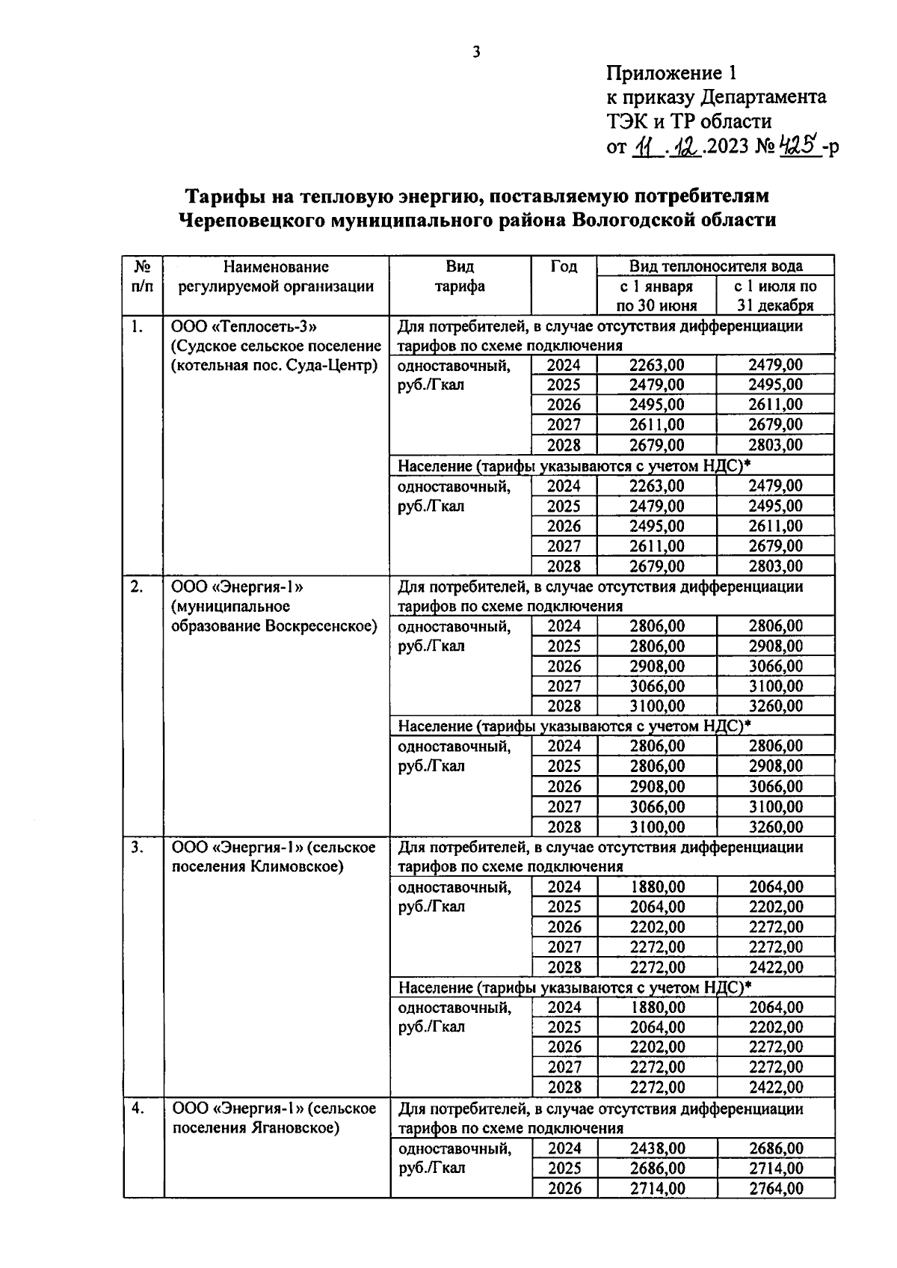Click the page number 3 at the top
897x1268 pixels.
pyautogui.click(x=477, y=52)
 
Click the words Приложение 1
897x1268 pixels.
pyautogui.click(x=672, y=73)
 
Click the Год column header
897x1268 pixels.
pyautogui.click(x=564, y=267)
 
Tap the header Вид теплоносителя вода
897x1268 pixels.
pyautogui.click(x=715, y=266)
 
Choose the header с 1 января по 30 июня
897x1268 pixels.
pyautogui.click(x=656, y=295)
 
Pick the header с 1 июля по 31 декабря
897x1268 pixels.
pyautogui.click(x=775, y=295)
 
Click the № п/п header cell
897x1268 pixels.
pyautogui.click(x=144, y=276)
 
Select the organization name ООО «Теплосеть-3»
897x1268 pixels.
pyautogui.click(x=245, y=327)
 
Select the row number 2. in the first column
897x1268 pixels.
pyautogui.click(x=137, y=587)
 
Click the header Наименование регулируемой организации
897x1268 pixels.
pyautogui.click(x=276, y=276)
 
